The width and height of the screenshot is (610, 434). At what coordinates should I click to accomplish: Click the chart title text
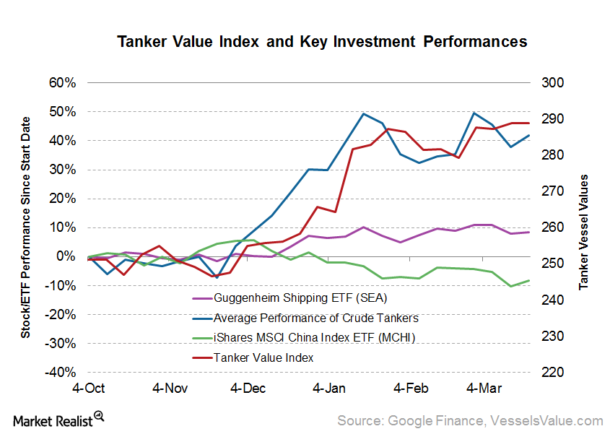tap(322, 42)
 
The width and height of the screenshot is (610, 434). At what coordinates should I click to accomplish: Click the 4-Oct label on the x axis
tap(87, 389)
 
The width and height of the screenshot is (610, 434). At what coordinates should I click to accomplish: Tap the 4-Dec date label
tap(248, 389)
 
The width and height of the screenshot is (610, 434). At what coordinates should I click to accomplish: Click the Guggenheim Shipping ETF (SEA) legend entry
tap(305, 298)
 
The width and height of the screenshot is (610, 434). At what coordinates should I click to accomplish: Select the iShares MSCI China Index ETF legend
tap(314, 337)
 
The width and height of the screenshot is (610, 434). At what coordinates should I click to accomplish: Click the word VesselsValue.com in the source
tap(546, 420)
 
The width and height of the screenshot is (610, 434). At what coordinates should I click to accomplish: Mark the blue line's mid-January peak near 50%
tap(363, 113)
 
